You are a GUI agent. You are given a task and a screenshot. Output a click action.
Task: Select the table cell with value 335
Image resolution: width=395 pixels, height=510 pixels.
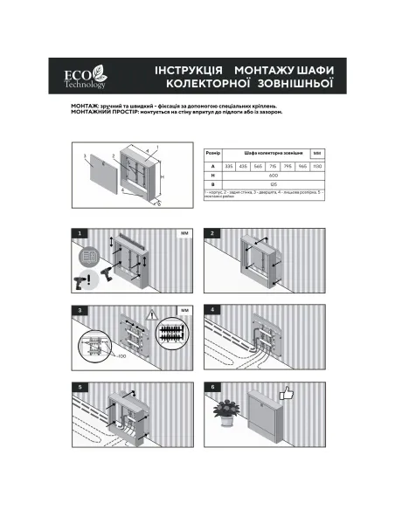[229, 164]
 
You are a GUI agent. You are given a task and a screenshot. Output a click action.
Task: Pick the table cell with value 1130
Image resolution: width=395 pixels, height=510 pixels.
[317, 164]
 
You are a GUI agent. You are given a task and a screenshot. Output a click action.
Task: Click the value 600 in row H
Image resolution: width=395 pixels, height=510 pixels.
[273, 174]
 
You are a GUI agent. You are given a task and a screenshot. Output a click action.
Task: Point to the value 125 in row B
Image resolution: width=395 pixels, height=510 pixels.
[273, 183]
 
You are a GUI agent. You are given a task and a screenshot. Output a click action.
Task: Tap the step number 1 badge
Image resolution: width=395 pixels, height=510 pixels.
[80, 234]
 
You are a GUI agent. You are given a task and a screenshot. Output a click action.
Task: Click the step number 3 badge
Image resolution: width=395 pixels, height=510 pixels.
[80, 310]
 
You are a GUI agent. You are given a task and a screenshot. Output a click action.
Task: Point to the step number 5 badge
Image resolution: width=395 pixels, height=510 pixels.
[80, 386]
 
